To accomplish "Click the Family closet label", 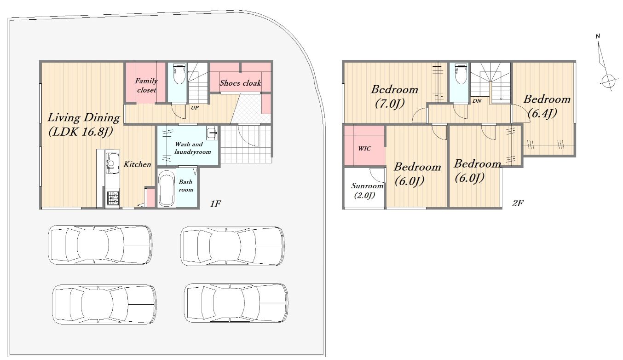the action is click(147, 86).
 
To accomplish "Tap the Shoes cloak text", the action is click(240, 82).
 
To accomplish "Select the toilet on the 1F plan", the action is click(179, 74).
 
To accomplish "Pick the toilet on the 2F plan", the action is click(461, 74).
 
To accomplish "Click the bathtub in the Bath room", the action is click(166, 188).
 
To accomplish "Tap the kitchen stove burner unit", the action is click(112, 198).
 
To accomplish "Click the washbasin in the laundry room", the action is click(212, 133).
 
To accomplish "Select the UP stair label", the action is click(195, 108).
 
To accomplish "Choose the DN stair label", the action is click(477, 101).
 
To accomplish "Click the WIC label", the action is click(364, 149).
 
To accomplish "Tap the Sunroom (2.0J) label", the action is click(367, 191).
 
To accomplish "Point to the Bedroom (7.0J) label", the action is click(394, 97).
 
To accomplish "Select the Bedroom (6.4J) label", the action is click(546, 106).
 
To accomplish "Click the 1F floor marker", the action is click(215, 203).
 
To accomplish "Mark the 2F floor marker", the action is click(518, 203).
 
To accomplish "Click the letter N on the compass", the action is click(598, 36).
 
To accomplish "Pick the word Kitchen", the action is click(137, 164).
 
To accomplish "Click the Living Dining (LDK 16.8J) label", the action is click(83, 125).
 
